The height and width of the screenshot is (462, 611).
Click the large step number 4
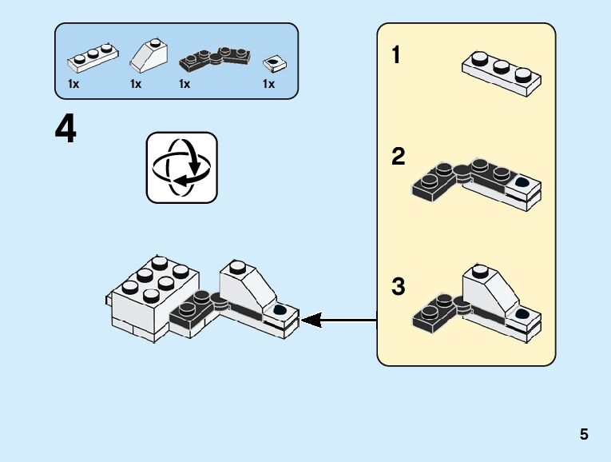(65, 129)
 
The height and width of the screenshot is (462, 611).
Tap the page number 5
(584, 434)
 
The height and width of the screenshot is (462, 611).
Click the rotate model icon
(181, 168)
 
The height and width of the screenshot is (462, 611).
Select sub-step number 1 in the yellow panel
(396, 56)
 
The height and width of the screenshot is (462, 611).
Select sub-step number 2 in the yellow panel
(398, 157)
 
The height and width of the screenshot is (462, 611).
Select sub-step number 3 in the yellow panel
(398, 286)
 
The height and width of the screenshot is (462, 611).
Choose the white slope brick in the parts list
(149, 57)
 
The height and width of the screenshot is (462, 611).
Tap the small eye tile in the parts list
(274, 62)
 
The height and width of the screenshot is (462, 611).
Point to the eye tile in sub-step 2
(524, 183)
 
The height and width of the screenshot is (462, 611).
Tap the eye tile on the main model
(280, 310)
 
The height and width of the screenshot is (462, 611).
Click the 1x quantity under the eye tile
(268, 84)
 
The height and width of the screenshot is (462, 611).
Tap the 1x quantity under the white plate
(73, 84)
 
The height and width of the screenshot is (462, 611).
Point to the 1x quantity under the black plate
(184, 84)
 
